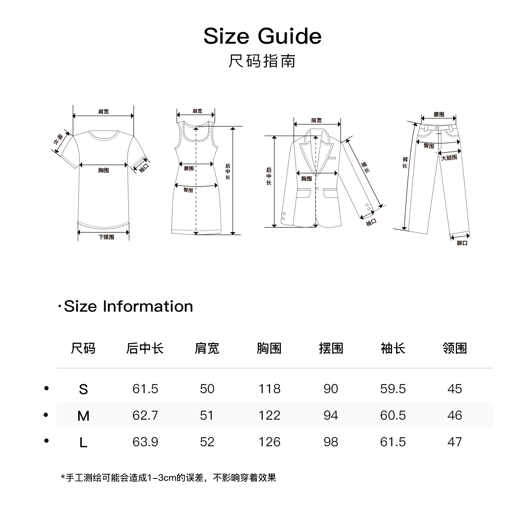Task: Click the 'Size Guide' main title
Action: pyautogui.click(x=262, y=36)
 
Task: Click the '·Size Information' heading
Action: pyautogui.click(x=125, y=306)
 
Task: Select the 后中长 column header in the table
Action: pyautogui.click(x=145, y=348)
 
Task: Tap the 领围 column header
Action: pyautogui.click(x=454, y=348)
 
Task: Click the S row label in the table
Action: pyautogui.click(x=83, y=389)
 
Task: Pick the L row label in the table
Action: pyautogui.click(x=83, y=443)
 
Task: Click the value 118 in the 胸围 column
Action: pyautogui.click(x=269, y=389)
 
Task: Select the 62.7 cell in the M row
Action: pyautogui.click(x=145, y=415)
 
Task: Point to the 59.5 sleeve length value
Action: pyautogui.click(x=393, y=389)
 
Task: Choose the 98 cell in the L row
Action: pyautogui.click(x=331, y=442)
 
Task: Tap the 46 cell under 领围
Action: pyautogui.click(x=454, y=415)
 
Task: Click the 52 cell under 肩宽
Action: pyautogui.click(x=207, y=442)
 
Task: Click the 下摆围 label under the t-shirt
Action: pyautogui.click(x=106, y=237)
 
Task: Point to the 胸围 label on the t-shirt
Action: pyautogui.click(x=103, y=171)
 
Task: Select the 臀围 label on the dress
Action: pyautogui.click(x=188, y=190)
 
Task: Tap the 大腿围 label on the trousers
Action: pyautogui.click(x=449, y=158)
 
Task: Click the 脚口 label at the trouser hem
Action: pyautogui.click(x=462, y=243)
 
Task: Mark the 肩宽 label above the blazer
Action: pyautogui.click(x=316, y=121)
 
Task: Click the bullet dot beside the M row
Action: pyautogui.click(x=46, y=415)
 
